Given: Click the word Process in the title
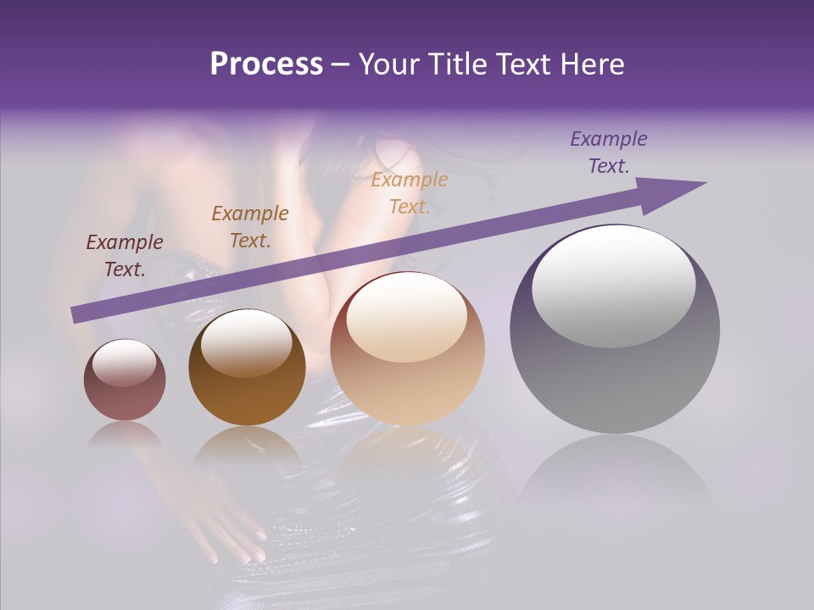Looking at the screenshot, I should point(266,64).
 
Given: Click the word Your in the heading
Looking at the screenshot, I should point(388,64).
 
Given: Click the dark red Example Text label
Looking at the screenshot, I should point(125,255).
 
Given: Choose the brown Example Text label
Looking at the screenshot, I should point(250,226).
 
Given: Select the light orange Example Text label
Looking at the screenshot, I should point(410,192).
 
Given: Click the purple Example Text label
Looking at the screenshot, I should point(609,152).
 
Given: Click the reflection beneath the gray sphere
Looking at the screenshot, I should point(615,474).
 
